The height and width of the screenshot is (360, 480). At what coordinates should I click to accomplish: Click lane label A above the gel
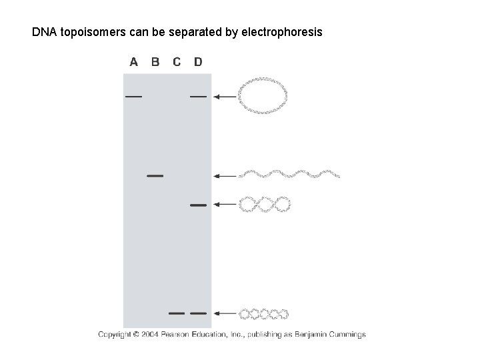point(134,62)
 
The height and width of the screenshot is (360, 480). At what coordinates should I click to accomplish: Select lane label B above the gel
point(155,62)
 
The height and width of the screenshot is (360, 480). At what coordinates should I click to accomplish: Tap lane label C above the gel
point(177,62)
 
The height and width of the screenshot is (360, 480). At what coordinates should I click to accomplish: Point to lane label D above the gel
point(198,62)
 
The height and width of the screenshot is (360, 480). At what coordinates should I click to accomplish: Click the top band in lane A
point(133,97)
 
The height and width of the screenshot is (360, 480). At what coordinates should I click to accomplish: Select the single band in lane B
point(155,176)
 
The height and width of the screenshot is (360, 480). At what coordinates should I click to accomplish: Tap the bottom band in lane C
point(177,312)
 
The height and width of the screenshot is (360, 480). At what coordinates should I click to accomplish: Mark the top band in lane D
point(198,97)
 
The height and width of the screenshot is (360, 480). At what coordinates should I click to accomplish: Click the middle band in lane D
point(198,205)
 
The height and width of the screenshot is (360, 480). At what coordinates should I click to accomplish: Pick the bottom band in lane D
point(198,312)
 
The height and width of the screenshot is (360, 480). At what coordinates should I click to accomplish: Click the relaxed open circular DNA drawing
point(263,97)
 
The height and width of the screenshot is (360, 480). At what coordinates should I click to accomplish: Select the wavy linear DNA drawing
point(289,175)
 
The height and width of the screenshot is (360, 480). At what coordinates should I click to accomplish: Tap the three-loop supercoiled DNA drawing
point(265,205)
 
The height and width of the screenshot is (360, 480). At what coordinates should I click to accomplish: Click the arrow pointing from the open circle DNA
point(224,97)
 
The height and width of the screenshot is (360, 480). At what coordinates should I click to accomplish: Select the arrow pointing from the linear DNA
point(224,176)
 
